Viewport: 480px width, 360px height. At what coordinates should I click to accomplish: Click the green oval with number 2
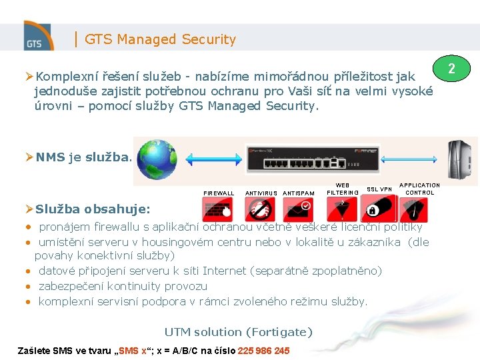[451, 69]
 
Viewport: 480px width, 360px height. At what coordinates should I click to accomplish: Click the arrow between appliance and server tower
[412, 160]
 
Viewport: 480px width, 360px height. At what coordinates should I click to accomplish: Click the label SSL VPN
[379, 189]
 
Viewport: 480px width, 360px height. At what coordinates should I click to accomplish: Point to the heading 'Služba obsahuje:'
[93, 209]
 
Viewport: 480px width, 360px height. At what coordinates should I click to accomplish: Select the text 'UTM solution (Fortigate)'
[238, 332]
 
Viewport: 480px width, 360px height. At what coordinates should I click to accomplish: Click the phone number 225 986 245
[263, 351]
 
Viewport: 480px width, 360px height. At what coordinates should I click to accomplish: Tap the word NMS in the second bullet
[51, 157]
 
